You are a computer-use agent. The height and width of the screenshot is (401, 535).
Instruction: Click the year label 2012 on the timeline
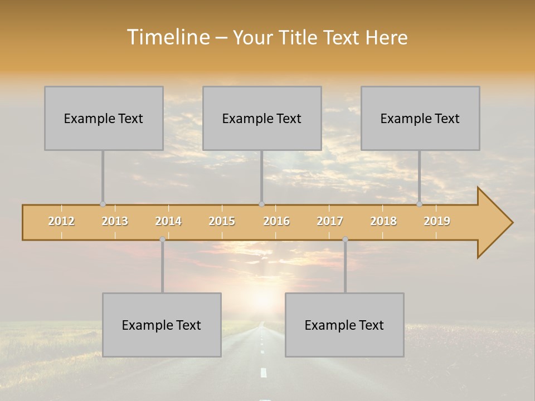click(61, 221)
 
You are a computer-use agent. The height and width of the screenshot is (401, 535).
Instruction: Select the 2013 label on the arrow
click(115, 221)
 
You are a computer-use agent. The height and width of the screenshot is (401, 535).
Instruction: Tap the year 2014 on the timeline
click(168, 221)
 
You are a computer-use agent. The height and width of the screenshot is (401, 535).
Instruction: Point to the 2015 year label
click(222, 221)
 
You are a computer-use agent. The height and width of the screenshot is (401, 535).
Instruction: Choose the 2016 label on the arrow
click(276, 221)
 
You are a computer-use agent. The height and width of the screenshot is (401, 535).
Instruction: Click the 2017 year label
click(330, 221)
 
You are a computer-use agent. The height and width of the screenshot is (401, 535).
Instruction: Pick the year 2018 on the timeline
click(383, 221)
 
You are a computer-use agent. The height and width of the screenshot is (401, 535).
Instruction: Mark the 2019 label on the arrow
click(437, 221)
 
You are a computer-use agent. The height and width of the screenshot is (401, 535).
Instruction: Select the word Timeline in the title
click(167, 37)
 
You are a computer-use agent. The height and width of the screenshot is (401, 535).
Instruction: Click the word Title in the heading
click(299, 37)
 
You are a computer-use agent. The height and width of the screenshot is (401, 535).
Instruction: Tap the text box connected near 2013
click(104, 118)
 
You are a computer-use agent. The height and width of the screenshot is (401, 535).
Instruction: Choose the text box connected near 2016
click(262, 118)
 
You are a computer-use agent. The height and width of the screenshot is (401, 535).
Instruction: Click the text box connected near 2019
click(420, 118)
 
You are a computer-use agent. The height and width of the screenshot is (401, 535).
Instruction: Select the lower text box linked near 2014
click(162, 325)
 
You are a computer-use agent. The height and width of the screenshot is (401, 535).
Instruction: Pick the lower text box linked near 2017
click(344, 325)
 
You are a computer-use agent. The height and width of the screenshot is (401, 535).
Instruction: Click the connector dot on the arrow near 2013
click(103, 204)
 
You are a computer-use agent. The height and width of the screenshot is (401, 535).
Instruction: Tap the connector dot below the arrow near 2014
click(162, 239)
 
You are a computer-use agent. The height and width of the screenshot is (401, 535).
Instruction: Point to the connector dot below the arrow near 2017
click(345, 239)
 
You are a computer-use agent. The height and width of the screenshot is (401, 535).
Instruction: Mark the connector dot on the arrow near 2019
click(420, 204)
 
